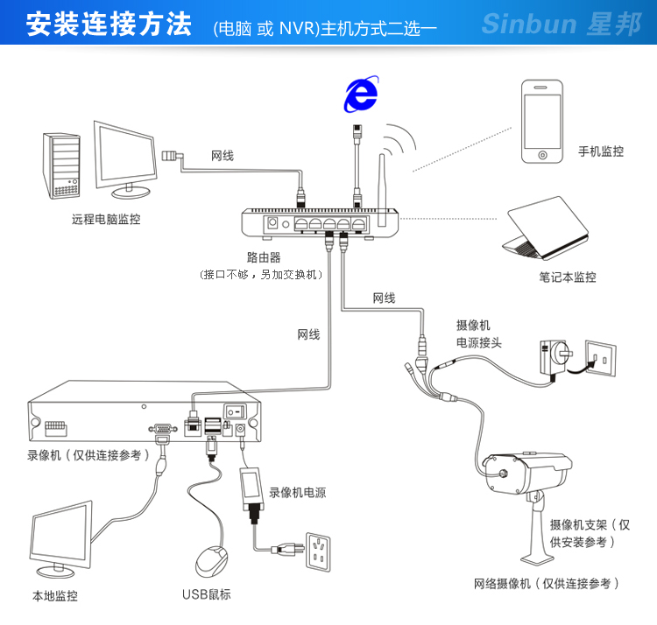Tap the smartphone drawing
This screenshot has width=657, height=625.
[542, 122]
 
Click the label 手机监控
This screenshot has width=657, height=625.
[601, 151]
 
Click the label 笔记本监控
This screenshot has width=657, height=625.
[568, 277]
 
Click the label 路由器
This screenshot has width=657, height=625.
[264, 258]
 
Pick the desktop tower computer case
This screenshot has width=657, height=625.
[64, 164]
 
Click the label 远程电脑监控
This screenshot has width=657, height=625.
[106, 220]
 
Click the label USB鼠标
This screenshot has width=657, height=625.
[207, 595]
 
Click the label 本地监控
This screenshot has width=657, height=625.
[54, 596]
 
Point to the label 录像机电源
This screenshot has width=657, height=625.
[298, 493]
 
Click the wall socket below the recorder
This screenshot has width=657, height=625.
[316, 551]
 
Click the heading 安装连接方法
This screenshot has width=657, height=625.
[108, 25]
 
